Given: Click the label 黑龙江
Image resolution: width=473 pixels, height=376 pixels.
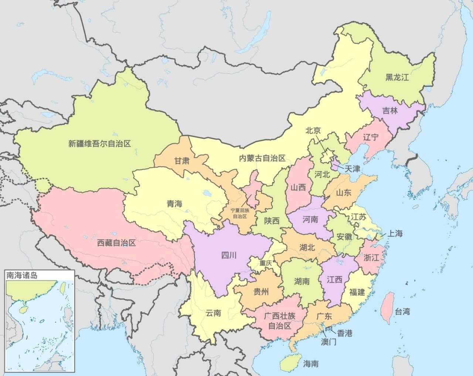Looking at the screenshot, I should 397,77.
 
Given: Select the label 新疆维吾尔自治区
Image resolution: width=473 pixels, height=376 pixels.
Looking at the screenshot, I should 100,143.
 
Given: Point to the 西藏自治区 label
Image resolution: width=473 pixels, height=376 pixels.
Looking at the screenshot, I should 116,243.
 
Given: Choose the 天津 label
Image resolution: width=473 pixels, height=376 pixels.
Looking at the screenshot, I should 352,169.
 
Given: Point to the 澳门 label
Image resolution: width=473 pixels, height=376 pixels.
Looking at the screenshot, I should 328,342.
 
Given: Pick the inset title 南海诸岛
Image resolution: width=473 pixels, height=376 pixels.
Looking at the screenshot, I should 22,275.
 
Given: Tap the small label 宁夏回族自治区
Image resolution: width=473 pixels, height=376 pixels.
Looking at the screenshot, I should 240,213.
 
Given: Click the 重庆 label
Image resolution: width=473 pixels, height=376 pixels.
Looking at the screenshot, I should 265,263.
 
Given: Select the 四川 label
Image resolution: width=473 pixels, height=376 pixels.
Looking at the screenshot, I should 228,255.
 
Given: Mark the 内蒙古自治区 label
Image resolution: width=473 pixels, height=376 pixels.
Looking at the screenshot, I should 262,158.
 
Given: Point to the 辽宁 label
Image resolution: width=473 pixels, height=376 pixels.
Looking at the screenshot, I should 371,137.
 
